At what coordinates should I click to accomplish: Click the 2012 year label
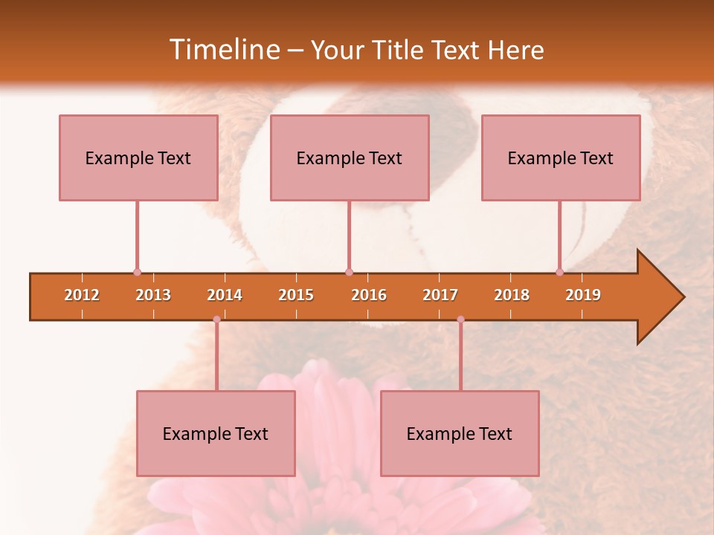click(82, 295)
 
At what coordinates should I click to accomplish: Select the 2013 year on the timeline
click(153, 295)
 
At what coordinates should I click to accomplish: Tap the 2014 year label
click(225, 295)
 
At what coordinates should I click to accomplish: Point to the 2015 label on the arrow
click(296, 295)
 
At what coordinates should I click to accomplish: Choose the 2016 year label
click(369, 295)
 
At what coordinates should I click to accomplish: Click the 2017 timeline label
click(440, 295)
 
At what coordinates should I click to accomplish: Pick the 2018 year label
click(512, 295)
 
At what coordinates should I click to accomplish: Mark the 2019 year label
click(583, 295)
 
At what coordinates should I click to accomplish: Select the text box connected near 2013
click(138, 158)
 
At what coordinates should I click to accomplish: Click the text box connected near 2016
click(350, 158)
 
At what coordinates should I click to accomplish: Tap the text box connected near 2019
click(561, 158)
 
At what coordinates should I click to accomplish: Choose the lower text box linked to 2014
click(216, 433)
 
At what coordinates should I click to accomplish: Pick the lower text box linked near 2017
click(460, 433)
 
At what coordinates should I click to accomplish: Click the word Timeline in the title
click(223, 50)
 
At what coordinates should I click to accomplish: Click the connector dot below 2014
click(216, 320)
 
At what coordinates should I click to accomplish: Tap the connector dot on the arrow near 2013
click(137, 273)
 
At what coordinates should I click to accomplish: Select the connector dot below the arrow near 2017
click(460, 320)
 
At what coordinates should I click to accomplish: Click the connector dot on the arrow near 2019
click(559, 273)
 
